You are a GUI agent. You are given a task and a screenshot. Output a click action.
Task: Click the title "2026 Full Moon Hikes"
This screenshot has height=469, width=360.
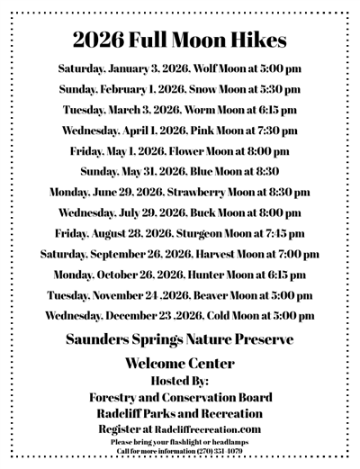click(x=181, y=41)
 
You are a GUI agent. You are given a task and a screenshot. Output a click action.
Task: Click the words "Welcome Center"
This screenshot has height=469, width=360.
click(x=180, y=365)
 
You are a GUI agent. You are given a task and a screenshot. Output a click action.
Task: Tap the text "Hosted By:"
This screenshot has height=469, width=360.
click(x=180, y=381)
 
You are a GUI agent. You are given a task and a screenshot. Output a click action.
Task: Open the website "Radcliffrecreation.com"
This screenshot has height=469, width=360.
click(x=211, y=429)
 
